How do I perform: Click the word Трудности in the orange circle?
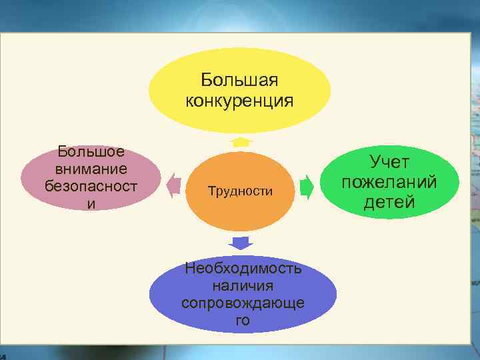(240, 191)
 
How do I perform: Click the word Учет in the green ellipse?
(389, 162)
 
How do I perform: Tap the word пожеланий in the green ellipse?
(389, 182)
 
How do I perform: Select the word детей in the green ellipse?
(389, 202)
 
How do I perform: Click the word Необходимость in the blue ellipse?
(243, 269)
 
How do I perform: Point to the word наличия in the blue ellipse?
(243, 285)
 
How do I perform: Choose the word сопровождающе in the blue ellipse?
(243, 303)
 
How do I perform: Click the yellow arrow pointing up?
(239, 141)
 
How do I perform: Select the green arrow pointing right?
(307, 186)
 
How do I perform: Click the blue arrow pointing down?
(239, 242)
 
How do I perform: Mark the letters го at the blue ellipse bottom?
(243, 320)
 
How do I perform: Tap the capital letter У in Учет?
(375, 162)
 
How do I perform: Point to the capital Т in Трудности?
(211, 191)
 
